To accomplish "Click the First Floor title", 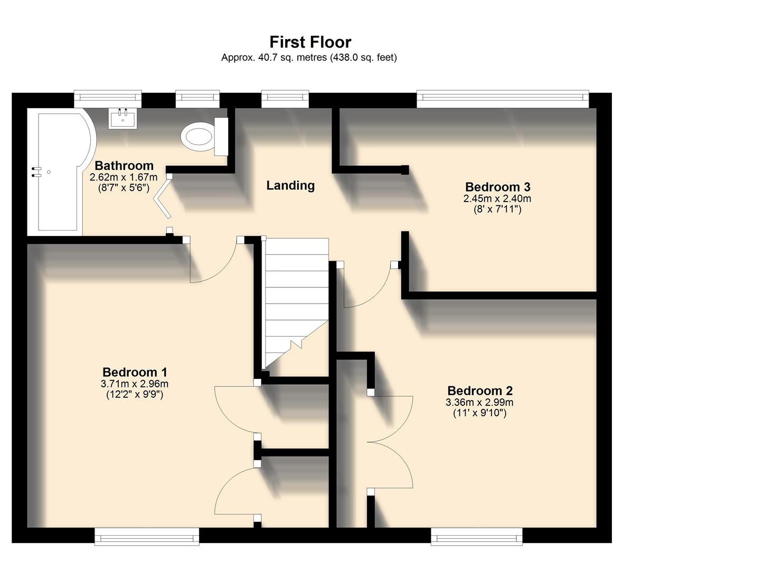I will (310, 42).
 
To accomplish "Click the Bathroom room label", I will (124, 166).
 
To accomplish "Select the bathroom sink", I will (122, 118).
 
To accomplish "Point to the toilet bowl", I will (197, 136).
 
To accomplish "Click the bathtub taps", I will (36, 172).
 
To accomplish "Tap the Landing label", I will (290, 185).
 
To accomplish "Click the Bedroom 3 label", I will (497, 187).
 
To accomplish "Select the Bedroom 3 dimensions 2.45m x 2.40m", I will (497, 199).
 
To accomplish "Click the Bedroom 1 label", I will (135, 373).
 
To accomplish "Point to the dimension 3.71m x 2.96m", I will (135, 384).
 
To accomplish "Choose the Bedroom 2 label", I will (479, 391).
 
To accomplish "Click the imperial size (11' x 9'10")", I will (479, 413).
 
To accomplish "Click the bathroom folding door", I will (163, 197).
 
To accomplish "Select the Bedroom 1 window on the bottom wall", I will (147, 537).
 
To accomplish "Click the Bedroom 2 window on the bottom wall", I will (477, 537).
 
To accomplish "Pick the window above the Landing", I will (285, 98).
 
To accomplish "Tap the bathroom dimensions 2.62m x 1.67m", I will (124, 177).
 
